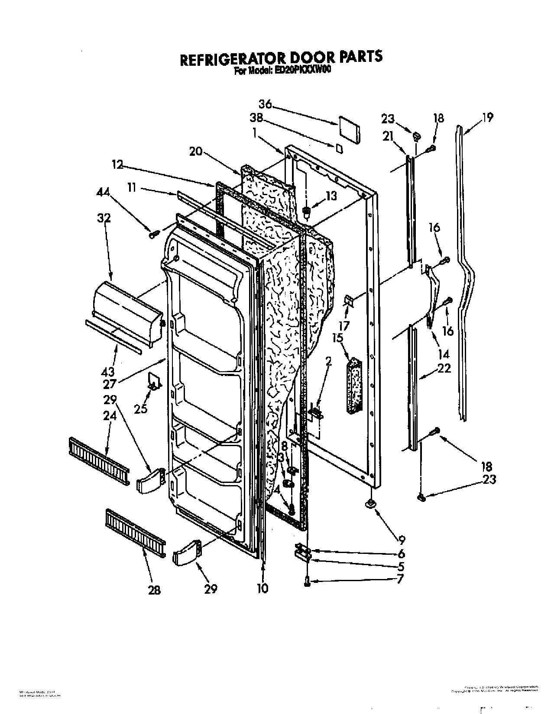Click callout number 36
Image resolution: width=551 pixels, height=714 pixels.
(x=265, y=104)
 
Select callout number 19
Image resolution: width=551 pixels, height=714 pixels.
(x=487, y=118)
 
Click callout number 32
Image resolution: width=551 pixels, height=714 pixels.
(x=104, y=218)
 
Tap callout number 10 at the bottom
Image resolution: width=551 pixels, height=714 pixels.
(x=263, y=588)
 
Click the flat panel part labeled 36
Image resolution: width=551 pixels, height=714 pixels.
(x=349, y=129)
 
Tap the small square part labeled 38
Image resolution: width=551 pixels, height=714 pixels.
(x=340, y=148)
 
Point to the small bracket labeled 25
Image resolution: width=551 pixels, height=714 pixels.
(x=154, y=380)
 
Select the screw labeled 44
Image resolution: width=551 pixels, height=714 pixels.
(x=153, y=235)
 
